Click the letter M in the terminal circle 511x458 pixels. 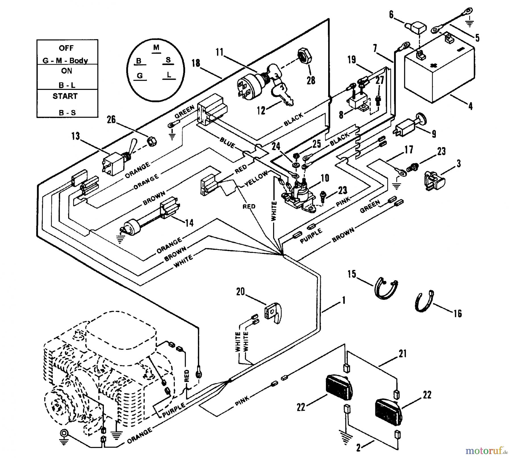[156, 47]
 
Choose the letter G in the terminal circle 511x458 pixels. [140, 76]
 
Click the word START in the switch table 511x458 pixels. [65, 96]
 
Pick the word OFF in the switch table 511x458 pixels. [66, 48]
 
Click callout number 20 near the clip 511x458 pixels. [240, 292]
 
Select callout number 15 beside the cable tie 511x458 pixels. [352, 274]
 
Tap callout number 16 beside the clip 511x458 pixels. [457, 313]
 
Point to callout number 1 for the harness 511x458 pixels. [344, 300]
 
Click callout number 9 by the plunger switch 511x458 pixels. [433, 134]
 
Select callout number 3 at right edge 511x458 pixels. [459, 164]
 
